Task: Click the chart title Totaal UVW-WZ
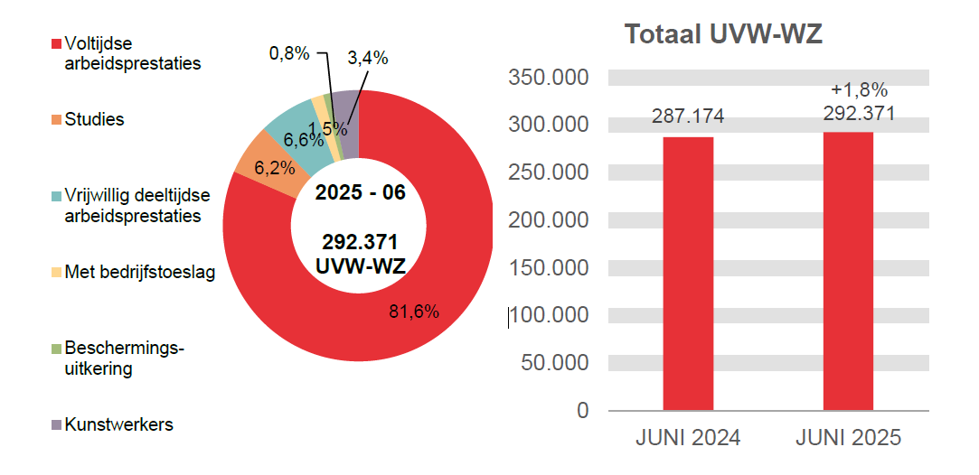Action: tap(723, 35)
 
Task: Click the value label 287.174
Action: tap(688, 116)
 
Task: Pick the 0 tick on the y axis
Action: tap(583, 411)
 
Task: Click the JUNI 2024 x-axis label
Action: tap(688, 438)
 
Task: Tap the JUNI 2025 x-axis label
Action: tap(848, 438)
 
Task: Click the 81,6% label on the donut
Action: tap(414, 312)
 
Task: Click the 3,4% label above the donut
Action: tap(368, 59)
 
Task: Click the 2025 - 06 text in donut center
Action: tap(360, 193)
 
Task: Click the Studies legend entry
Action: tap(94, 119)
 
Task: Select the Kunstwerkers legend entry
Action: tap(118, 424)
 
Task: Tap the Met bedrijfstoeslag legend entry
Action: tap(139, 272)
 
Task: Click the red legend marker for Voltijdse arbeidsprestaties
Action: tap(57, 44)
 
